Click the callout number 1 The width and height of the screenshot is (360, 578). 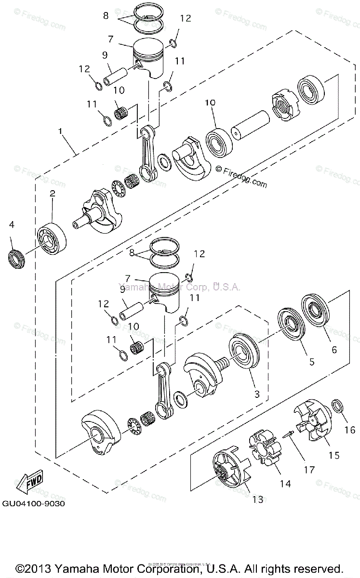click(60, 131)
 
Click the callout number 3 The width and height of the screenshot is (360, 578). click(257, 394)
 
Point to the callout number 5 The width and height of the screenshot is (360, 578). click(312, 361)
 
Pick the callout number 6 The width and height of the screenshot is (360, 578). click(333, 351)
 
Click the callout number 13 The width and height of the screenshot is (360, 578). click(258, 499)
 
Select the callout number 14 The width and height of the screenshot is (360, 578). click(286, 483)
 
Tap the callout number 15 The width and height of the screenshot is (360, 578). click(333, 455)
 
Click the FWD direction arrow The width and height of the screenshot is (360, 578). click(29, 483)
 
